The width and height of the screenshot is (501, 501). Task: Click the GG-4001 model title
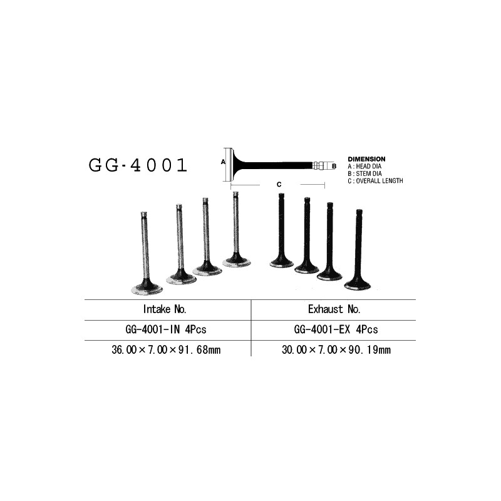click(x=138, y=165)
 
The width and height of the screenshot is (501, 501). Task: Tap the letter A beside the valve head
click(x=223, y=162)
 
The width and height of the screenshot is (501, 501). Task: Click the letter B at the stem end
click(x=334, y=166)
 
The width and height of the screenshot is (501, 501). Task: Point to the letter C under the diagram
click(x=279, y=184)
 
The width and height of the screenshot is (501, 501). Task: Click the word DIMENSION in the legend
click(x=366, y=159)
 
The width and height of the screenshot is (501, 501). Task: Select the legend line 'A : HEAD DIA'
click(x=364, y=167)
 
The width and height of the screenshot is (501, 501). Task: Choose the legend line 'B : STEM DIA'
click(x=365, y=174)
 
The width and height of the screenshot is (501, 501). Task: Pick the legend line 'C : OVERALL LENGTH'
click(x=375, y=181)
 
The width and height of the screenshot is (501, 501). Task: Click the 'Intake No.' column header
click(x=165, y=309)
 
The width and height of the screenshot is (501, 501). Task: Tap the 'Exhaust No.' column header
click(x=334, y=309)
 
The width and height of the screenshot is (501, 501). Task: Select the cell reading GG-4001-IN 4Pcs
click(x=166, y=329)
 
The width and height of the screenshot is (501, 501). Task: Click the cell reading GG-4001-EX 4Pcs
click(x=336, y=329)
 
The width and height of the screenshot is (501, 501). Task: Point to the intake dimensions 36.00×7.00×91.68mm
click(x=166, y=350)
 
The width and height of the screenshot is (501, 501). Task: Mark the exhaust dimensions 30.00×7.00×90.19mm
click(x=336, y=350)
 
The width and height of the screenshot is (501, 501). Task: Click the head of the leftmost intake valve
click(x=147, y=287)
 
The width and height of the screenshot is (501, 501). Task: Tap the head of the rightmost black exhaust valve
click(x=358, y=284)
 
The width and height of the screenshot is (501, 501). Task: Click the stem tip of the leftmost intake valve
click(x=143, y=214)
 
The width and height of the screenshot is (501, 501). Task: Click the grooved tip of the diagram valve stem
click(x=318, y=166)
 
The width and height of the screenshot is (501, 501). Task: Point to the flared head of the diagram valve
click(x=233, y=165)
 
